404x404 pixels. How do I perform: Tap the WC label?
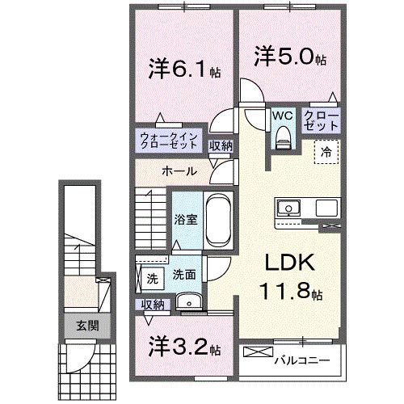pyautogui.click(x=283, y=116)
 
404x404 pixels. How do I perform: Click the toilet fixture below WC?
pyautogui.click(x=282, y=140)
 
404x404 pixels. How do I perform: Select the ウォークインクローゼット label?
pyautogui.click(x=167, y=141)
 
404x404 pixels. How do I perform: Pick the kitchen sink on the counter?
pyautogui.click(x=288, y=208)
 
